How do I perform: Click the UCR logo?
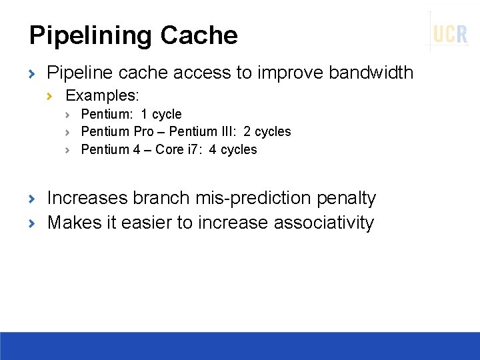[x=450, y=34]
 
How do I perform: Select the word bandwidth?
[x=371, y=73]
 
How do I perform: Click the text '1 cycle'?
[x=161, y=114]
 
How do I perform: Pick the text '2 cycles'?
[x=267, y=131]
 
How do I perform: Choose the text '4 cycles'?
[x=233, y=149]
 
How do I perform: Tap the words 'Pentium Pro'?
[x=117, y=131]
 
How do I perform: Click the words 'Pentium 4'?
[x=111, y=149]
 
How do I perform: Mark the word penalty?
[x=347, y=199]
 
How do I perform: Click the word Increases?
[x=87, y=199]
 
